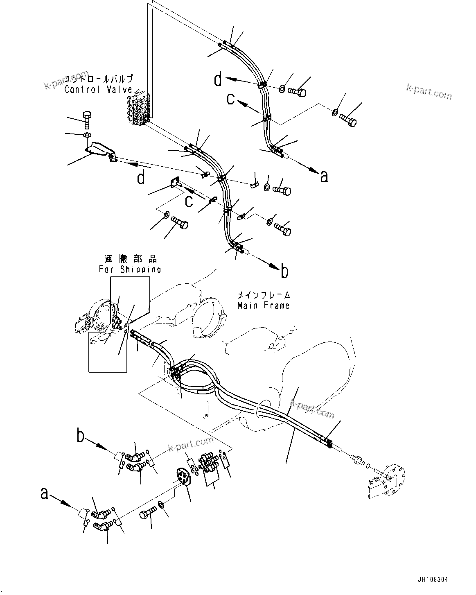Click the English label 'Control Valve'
[98, 90]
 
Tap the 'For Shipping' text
[130, 269]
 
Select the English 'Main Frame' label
[264, 305]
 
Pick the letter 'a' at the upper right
[324, 176]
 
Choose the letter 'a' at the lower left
[45, 493]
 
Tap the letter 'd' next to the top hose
[218, 79]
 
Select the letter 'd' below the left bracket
[141, 178]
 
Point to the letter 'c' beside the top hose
[231, 99]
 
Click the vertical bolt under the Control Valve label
[87, 119]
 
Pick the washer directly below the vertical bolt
[87, 135]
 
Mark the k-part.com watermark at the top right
[429, 92]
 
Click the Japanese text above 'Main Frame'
[264, 294]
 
